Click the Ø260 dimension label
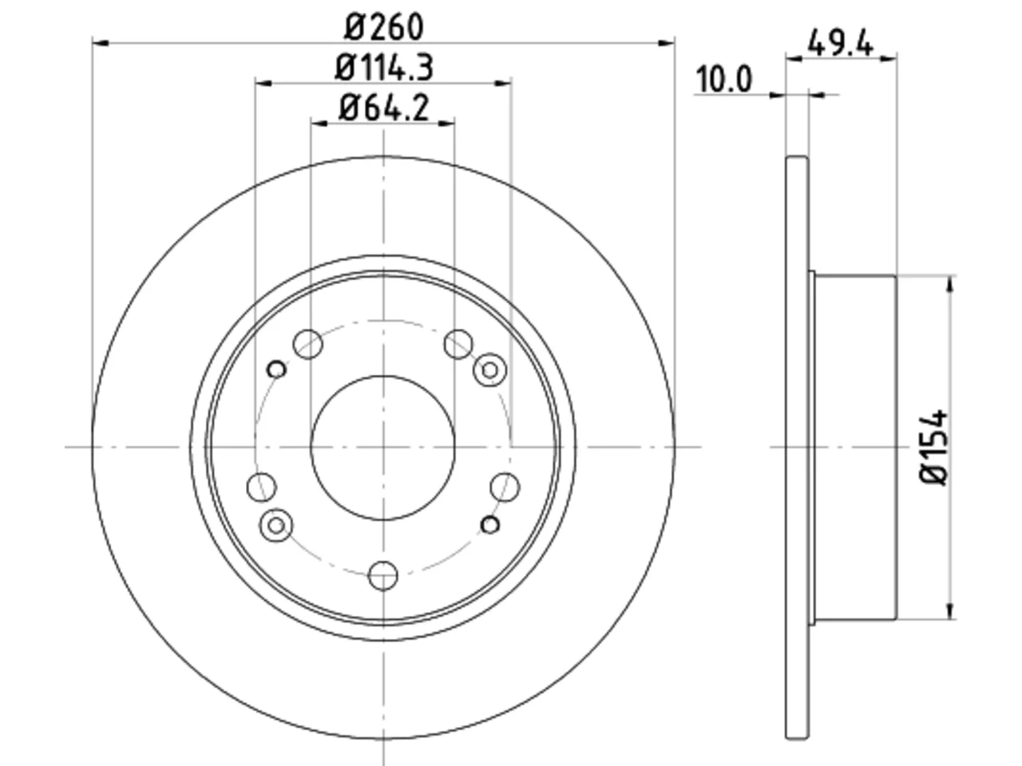coord(384,27)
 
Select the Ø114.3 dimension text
coord(384,68)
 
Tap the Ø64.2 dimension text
coord(384,108)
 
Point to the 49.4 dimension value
coord(841,43)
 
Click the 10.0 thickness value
coord(723,79)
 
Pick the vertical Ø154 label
coord(934,447)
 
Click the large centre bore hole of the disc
coord(382,448)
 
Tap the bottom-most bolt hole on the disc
coord(382,576)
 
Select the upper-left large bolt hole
coord(307,344)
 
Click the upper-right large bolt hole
coord(458,344)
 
